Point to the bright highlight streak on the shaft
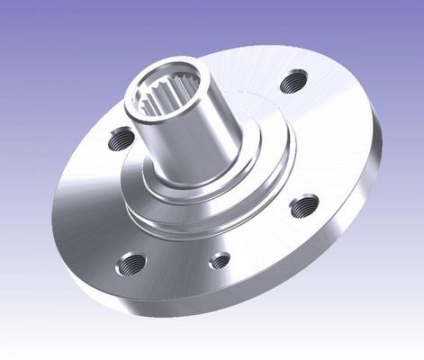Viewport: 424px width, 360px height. (x=160, y=144)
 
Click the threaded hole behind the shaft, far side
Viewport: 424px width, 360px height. (x=291, y=83)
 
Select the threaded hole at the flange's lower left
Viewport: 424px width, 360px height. (x=132, y=264)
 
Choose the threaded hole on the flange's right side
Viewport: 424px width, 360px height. (x=304, y=206)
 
